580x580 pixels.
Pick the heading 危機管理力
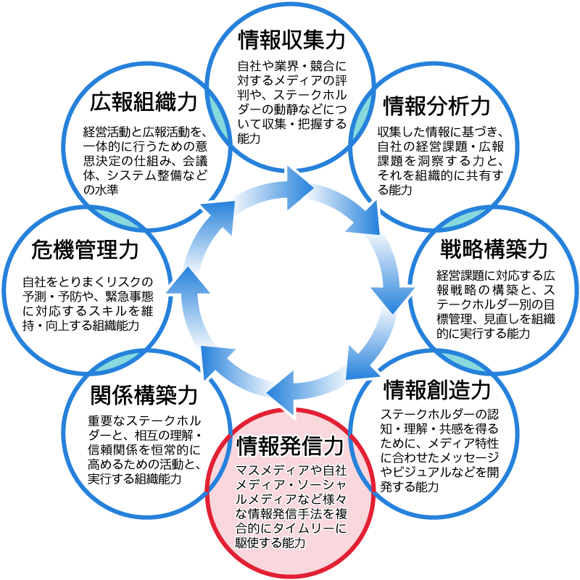click(x=86, y=251)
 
